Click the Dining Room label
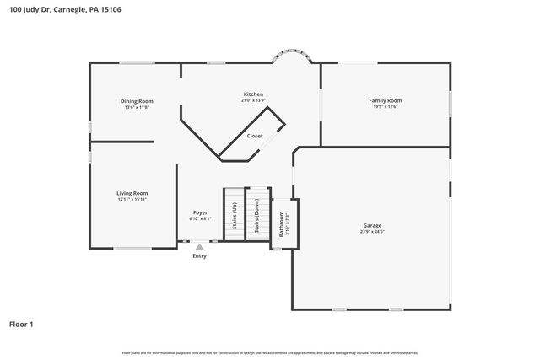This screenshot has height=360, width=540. (x=137, y=101)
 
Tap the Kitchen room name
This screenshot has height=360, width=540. (x=253, y=94)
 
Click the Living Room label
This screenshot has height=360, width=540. (x=132, y=193)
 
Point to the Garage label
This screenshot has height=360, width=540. (x=372, y=225)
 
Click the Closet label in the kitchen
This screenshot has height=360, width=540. (x=255, y=136)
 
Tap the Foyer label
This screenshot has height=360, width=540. (x=200, y=212)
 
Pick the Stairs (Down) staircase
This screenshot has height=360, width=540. (x=256, y=218)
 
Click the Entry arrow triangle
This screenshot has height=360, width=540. (x=199, y=247)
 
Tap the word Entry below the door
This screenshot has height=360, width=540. (x=199, y=256)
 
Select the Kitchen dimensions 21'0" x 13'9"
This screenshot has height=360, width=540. (x=253, y=100)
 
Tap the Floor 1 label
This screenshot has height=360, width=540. (x=21, y=323)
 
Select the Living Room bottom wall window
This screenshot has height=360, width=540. (x=132, y=248)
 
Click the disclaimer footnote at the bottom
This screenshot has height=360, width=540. (x=270, y=352)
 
